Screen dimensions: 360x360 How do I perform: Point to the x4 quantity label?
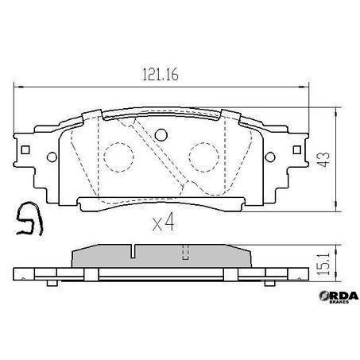(162, 223)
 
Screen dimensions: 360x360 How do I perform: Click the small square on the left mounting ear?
(28, 149)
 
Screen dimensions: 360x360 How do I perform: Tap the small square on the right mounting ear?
(298, 149)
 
